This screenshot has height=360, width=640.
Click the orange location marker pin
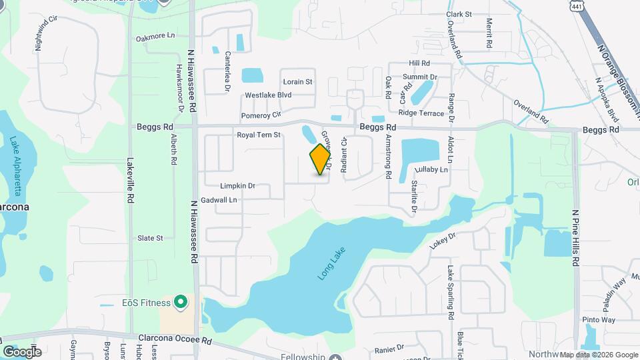click(x=321, y=159)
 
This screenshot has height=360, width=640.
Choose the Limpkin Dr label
click(x=238, y=185)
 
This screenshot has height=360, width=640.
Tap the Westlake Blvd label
click(x=268, y=95)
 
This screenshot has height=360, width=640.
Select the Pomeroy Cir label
click(x=263, y=115)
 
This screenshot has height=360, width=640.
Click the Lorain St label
click(x=297, y=82)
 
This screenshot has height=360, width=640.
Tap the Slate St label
click(x=150, y=238)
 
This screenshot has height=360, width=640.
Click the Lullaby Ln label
click(x=432, y=170)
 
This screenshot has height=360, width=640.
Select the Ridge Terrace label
click(x=421, y=113)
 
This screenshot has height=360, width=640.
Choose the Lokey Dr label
click(x=442, y=241)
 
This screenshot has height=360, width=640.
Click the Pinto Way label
click(x=599, y=320)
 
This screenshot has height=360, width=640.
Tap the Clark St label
click(x=459, y=13)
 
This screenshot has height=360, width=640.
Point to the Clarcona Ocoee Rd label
click(x=175, y=339)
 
